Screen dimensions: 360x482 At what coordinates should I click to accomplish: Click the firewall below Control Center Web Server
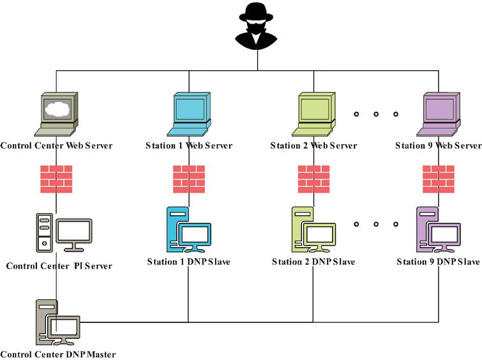[56, 179]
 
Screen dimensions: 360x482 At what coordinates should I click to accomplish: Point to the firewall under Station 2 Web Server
[313, 179]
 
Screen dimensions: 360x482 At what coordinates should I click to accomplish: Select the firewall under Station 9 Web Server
[439, 179]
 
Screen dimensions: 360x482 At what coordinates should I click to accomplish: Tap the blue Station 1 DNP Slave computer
[188, 230]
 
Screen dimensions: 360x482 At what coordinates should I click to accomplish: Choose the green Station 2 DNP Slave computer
[313, 230]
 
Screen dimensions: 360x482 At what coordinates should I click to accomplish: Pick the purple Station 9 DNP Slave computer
[438, 230]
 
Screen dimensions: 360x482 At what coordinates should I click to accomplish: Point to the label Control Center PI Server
[59, 266]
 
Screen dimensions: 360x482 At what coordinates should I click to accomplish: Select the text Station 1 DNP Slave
[188, 262]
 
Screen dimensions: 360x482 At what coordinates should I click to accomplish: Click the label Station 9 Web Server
[438, 146]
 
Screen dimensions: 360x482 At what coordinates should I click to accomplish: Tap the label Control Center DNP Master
[58, 354]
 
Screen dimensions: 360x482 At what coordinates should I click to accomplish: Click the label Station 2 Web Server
[313, 146]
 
